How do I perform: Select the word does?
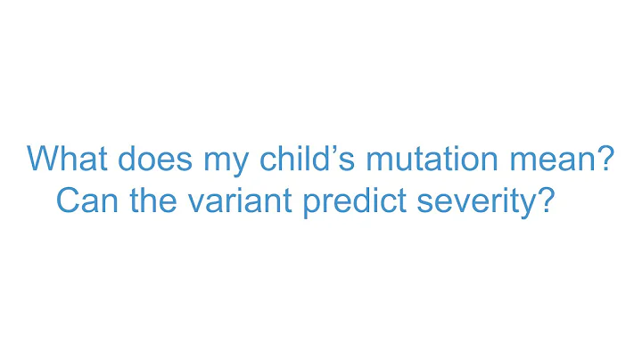(x=146, y=160)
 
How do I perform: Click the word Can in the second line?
(x=86, y=200)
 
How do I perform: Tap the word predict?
(x=350, y=200)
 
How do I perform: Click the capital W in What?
(x=44, y=160)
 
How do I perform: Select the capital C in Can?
(x=68, y=200)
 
